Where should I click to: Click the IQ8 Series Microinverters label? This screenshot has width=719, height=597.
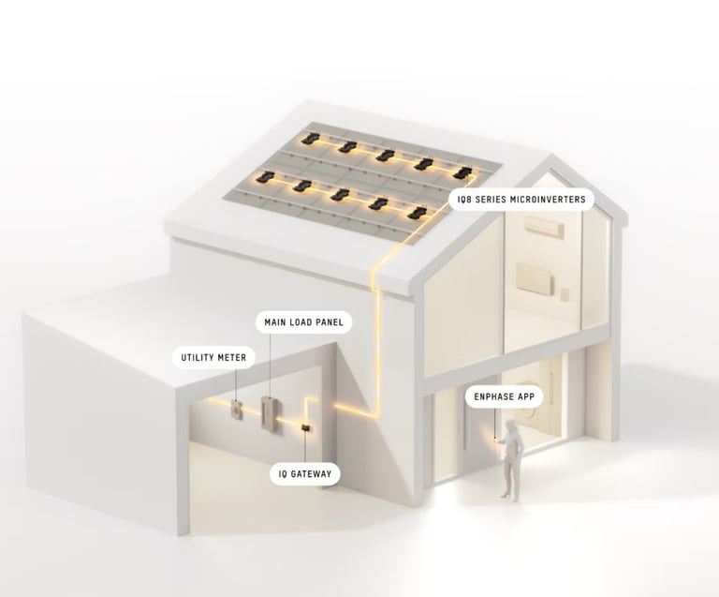521,199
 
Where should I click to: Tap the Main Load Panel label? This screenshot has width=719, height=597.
304,322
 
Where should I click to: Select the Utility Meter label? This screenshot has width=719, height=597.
213,357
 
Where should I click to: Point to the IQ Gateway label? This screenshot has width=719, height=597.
304,473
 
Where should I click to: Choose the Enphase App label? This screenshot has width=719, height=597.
505,397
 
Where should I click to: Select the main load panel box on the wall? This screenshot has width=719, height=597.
270,411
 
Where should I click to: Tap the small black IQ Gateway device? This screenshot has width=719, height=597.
304,428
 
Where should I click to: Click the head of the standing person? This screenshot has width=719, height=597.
513,427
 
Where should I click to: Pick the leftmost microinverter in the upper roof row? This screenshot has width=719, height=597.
311,140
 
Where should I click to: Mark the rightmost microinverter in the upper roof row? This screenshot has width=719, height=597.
462,172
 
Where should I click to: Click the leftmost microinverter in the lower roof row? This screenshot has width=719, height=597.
265,177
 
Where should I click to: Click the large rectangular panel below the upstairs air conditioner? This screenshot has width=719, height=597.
535,278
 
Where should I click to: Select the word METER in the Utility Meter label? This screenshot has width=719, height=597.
230,357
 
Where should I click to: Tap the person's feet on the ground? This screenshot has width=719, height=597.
510,496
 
